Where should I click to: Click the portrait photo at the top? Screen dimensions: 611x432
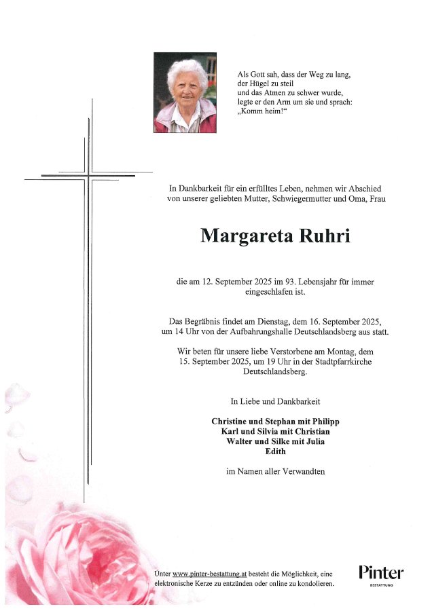185,92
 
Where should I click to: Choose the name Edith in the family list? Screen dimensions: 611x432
275,451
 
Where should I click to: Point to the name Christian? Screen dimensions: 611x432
312,432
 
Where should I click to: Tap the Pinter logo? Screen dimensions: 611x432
380,574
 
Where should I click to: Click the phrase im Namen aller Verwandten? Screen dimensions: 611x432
275,471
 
